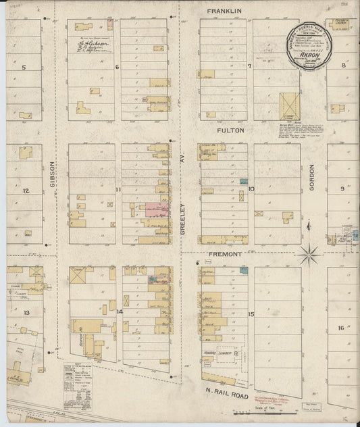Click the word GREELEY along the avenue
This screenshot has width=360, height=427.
(182, 220)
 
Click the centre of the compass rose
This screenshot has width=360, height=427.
(309, 255)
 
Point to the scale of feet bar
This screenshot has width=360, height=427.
(246, 407)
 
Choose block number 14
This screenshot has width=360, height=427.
(119, 311)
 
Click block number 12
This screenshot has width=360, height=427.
(26, 191)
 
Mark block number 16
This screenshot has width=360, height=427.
(342, 328)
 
